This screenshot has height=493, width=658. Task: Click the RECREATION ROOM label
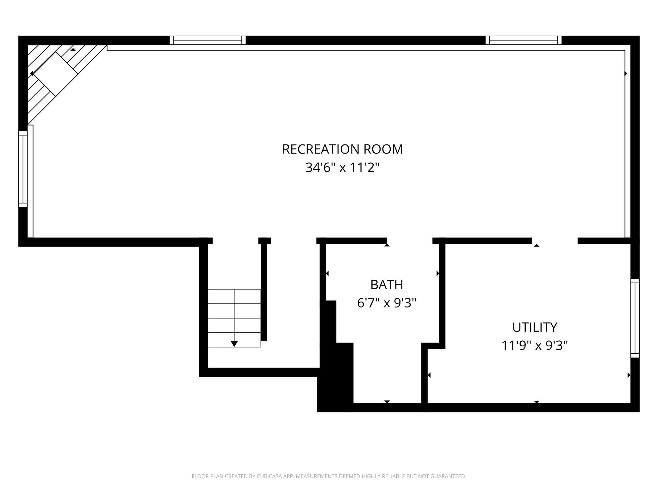(342, 149)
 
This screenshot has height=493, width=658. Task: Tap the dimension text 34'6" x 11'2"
(342, 167)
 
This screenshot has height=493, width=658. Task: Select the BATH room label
(387, 285)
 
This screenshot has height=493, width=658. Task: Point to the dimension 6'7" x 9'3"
(387, 303)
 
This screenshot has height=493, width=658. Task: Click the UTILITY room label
(535, 327)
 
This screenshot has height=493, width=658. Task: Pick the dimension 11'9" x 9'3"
(535, 345)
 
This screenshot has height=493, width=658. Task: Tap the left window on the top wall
(208, 40)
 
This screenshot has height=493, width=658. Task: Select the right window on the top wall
(524, 40)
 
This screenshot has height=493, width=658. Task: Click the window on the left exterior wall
(23, 169)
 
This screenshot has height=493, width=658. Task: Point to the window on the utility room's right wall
(635, 318)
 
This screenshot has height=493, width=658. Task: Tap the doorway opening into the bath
(409, 241)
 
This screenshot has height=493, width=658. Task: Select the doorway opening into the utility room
(555, 241)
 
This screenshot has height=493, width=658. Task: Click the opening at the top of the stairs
(235, 241)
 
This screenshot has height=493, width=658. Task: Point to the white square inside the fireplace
(56, 74)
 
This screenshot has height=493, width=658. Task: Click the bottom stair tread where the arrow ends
(234, 340)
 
